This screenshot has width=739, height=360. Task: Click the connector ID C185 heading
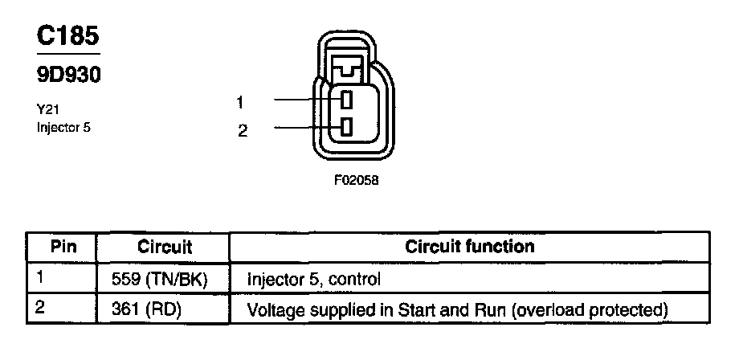[x=68, y=35]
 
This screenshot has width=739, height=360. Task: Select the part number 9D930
[x=68, y=76]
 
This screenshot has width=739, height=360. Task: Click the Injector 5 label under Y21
[x=63, y=127]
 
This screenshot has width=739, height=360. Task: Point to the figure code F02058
[x=355, y=181]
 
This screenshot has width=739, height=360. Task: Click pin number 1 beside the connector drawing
[x=240, y=101]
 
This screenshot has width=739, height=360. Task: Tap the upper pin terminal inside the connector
[x=346, y=100]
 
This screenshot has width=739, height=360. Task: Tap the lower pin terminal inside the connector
[x=346, y=127]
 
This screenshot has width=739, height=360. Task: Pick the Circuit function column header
[x=470, y=246]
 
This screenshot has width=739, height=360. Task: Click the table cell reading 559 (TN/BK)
[x=164, y=280]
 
